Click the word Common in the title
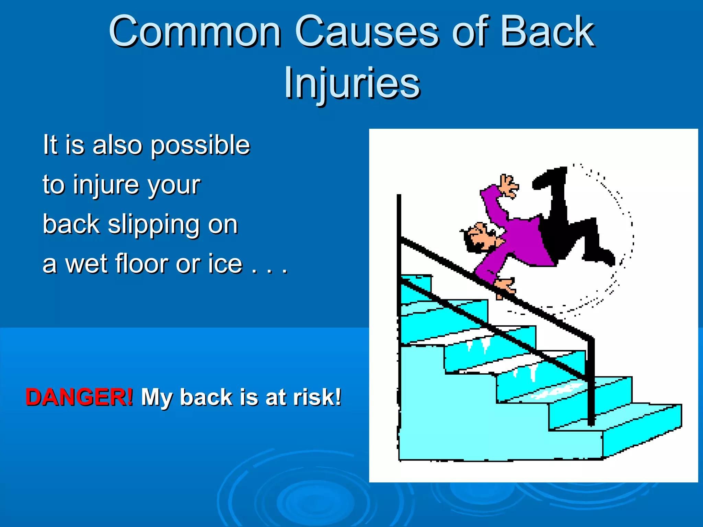(x=195, y=32)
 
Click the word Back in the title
(x=547, y=32)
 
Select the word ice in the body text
(x=225, y=264)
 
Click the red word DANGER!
(x=79, y=397)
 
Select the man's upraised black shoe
(x=549, y=177)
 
